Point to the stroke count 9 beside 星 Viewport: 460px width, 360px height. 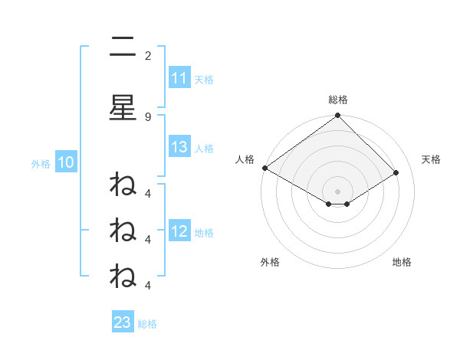pyautogui.click(x=148, y=116)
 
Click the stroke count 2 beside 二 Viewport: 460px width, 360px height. pyautogui.click(x=148, y=55)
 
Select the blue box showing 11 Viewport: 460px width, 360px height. pyautogui.click(x=179, y=78)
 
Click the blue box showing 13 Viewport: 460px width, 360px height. pyautogui.click(x=179, y=147)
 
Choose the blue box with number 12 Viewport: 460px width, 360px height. pyautogui.click(x=179, y=231)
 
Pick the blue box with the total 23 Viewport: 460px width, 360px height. pyautogui.click(x=123, y=322)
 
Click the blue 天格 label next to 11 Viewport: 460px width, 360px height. pyautogui.click(x=204, y=79)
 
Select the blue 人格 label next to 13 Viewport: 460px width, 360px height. pyautogui.click(x=204, y=148)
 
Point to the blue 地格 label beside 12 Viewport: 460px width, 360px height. pyautogui.click(x=204, y=232)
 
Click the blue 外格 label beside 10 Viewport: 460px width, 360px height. pyautogui.click(x=41, y=162)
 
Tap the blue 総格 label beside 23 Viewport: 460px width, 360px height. pyautogui.click(x=147, y=323)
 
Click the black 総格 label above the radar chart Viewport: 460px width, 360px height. pyautogui.click(x=338, y=100)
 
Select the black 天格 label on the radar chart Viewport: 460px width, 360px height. pyautogui.click(x=432, y=159)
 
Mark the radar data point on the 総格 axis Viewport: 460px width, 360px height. pyautogui.click(x=338, y=116)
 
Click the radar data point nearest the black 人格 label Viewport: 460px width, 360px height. pyautogui.click(x=264, y=168)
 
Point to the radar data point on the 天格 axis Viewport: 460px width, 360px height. pyautogui.click(x=396, y=172)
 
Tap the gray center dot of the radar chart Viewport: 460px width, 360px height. pyautogui.click(x=338, y=191)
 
